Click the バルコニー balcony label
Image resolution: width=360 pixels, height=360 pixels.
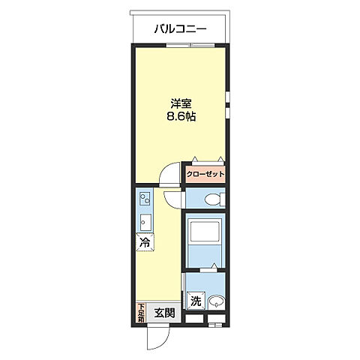tap(180, 29)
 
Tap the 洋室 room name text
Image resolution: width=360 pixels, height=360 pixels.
tap(181, 103)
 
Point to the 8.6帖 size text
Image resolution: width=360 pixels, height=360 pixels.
tap(181, 116)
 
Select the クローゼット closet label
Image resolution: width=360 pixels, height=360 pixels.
tap(205, 174)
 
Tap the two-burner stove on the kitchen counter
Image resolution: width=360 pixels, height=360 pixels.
tap(145, 199)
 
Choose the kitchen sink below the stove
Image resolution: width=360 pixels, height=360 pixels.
tap(145, 222)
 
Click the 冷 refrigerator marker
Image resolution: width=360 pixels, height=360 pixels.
tap(145, 242)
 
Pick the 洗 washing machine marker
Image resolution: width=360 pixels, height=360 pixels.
tap(196, 301)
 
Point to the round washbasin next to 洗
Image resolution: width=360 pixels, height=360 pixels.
tap(215, 301)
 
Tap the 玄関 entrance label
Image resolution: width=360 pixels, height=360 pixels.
tap(164, 313)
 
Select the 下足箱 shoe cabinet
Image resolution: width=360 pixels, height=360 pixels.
tap(141, 313)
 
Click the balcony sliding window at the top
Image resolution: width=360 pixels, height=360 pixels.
tap(190, 45)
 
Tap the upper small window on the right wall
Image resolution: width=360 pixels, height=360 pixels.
tap(227, 97)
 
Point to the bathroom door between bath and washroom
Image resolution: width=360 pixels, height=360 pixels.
tap(208, 270)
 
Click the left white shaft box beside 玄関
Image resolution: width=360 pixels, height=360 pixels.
tap(194, 319)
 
